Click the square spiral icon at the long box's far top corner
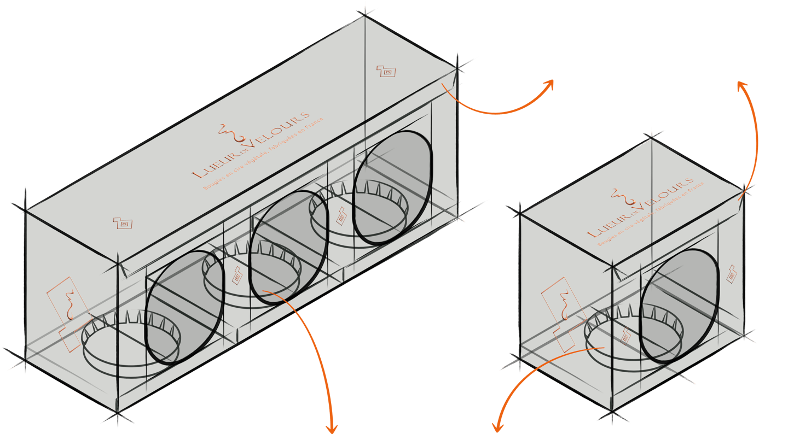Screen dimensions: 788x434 point(386,71)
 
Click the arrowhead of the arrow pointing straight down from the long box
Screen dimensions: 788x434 point(331,428)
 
